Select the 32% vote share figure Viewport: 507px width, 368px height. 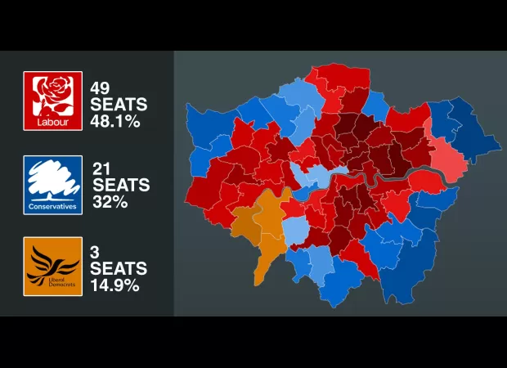pos(108,202)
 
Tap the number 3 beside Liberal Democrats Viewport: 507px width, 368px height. pos(95,251)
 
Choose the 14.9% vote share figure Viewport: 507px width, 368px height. pos(114,285)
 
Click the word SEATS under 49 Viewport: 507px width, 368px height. pos(119,105)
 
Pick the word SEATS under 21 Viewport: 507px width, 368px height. pos(119,186)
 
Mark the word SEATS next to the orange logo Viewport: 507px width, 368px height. pos(119,268)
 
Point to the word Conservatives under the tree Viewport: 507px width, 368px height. pos(53,206)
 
